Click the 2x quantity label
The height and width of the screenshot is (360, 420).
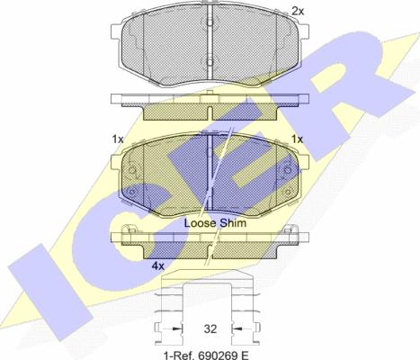[x=298, y=12]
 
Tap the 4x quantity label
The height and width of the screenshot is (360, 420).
[x=157, y=265]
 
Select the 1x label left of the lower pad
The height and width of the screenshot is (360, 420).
[x=118, y=139]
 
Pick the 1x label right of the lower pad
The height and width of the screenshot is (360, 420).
[x=298, y=139]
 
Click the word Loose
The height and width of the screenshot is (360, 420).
[x=200, y=223]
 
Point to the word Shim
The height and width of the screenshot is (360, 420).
[x=233, y=223]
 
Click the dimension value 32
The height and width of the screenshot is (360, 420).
[x=210, y=329]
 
